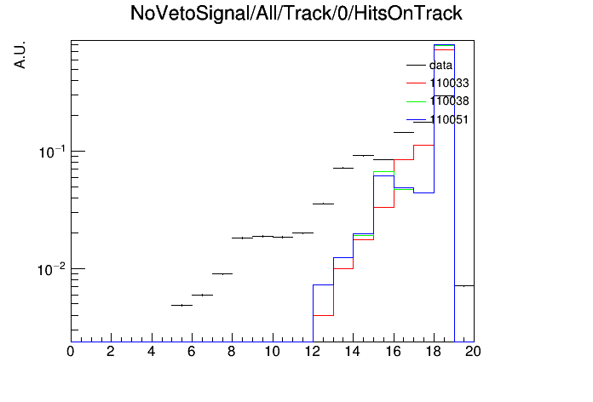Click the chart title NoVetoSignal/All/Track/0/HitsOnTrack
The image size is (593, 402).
coord(296,14)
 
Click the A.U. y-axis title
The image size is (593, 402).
coord(20,55)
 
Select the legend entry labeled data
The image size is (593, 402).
coord(429,65)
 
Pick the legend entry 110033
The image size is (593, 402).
coord(438,83)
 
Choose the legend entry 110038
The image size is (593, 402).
coord(438,101)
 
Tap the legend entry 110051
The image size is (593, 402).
coord(438,119)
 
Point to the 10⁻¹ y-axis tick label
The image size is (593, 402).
coord(52,152)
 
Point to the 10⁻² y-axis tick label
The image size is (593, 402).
coord(52,269)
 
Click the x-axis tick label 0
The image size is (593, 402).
coord(71,352)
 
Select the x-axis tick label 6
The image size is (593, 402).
coord(192,352)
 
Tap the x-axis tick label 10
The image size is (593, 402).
coord(273,352)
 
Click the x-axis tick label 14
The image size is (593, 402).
coord(353,352)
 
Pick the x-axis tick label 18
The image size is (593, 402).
coord(434,352)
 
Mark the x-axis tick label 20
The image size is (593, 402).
coord(473,352)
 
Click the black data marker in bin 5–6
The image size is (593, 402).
coord(182,305)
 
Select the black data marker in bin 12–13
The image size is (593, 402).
coord(324,204)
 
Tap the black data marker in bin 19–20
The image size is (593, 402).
coord(464,286)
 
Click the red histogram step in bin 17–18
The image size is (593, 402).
coord(423,146)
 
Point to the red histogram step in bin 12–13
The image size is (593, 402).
coord(324,315)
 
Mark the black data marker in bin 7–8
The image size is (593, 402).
coord(222,273)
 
